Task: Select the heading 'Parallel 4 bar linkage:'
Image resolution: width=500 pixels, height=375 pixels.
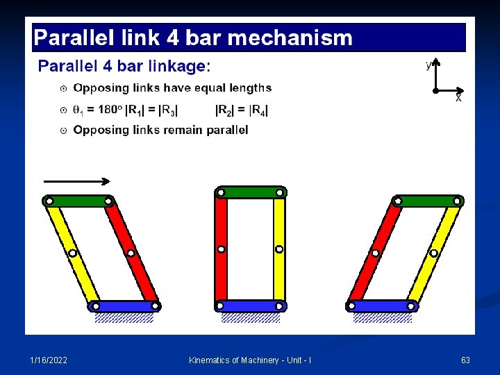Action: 124,66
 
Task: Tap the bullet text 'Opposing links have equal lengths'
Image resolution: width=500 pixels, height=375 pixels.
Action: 172,88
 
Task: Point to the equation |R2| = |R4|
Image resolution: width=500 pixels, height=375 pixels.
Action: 242,109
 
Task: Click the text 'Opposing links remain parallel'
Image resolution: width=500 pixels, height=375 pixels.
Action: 160,130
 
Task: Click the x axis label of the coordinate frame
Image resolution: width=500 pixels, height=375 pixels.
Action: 458,99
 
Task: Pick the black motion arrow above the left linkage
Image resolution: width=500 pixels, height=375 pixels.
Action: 76,181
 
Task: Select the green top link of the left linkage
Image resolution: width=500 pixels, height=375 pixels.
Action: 78,201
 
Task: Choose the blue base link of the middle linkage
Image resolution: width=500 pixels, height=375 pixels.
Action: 250,306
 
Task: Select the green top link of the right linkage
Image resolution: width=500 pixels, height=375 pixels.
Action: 427,201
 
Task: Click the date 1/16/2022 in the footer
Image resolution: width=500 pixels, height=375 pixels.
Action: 49,360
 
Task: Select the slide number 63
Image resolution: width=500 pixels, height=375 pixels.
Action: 465,360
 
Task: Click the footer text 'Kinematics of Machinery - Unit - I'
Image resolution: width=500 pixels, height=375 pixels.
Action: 250,360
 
